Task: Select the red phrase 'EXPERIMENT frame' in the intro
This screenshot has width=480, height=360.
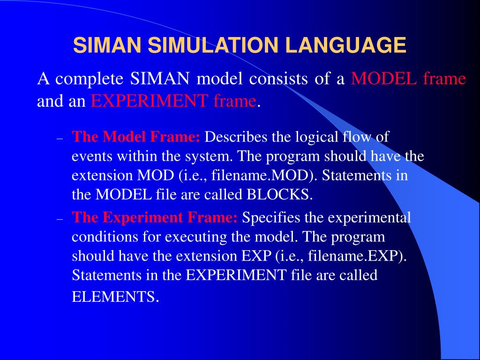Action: [x=173, y=101]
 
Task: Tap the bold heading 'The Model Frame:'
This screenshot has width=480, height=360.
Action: [x=136, y=137]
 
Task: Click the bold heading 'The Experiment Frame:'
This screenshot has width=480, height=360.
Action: [x=155, y=218]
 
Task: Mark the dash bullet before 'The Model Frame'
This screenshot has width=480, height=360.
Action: [x=60, y=139]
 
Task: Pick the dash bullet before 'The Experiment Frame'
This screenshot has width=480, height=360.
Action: [x=60, y=219]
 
